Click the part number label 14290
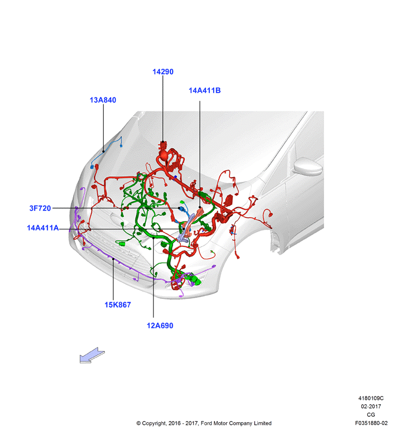point(163,72)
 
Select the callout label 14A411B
point(204,91)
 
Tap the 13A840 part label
point(103,100)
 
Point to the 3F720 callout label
point(40,208)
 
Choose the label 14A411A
point(43,228)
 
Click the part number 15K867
point(117,305)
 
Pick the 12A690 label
point(160,326)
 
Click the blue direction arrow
point(92,356)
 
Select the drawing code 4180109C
point(371,398)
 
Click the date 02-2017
point(371,406)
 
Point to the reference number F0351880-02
point(371,423)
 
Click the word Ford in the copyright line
point(206,423)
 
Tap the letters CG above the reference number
point(371,415)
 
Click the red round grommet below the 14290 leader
point(164,155)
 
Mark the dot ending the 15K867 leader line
point(113,259)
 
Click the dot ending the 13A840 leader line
point(103,151)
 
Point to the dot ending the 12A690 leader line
point(154,238)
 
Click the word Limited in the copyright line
point(262,423)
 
